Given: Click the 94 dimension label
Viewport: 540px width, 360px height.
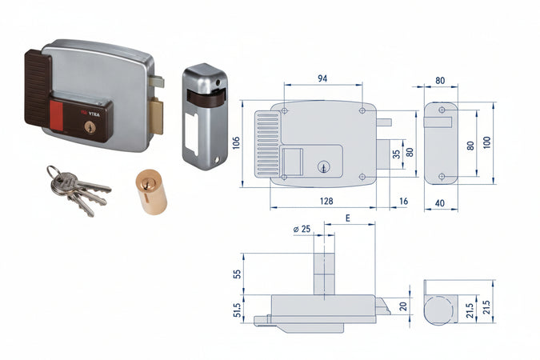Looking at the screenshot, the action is (x=322, y=78).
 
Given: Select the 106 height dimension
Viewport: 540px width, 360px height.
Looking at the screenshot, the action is (x=236, y=143).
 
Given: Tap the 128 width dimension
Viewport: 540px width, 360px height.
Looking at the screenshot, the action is (x=326, y=201).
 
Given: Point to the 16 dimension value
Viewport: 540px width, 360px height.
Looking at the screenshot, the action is (x=404, y=201).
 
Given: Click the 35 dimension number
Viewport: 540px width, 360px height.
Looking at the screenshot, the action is (x=396, y=154).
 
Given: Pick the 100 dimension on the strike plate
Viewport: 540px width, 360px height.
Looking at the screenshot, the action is (x=486, y=142).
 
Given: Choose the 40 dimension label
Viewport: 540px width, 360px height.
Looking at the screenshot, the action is (x=440, y=203).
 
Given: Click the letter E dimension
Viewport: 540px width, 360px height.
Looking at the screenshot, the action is (x=348, y=218).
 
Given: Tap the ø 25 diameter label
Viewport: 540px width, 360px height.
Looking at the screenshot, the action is (x=302, y=229).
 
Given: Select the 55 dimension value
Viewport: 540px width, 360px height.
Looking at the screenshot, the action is (x=238, y=274).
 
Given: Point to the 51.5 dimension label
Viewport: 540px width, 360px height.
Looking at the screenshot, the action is (x=238, y=310).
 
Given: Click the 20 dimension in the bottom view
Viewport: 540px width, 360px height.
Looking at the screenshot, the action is (x=403, y=306).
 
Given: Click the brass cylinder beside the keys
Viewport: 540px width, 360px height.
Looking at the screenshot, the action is (x=151, y=191).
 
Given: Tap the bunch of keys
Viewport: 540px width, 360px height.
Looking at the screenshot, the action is (x=78, y=190).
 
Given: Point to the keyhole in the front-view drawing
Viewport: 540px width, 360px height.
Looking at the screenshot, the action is (x=323, y=167).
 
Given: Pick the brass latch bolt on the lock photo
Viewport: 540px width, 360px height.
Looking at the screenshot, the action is (x=156, y=116).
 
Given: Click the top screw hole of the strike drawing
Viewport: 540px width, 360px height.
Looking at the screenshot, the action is (x=442, y=110).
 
